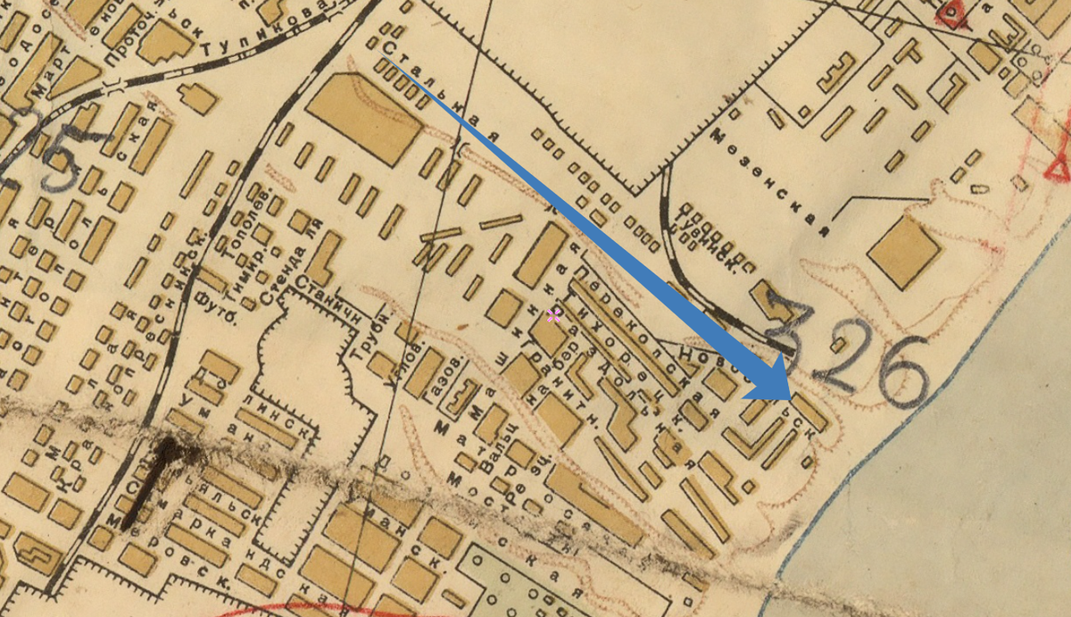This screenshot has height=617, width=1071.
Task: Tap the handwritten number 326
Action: pos(848,353)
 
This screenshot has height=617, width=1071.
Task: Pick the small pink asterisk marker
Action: pos(554,314)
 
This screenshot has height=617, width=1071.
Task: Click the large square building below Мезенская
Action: pos(904,251)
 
